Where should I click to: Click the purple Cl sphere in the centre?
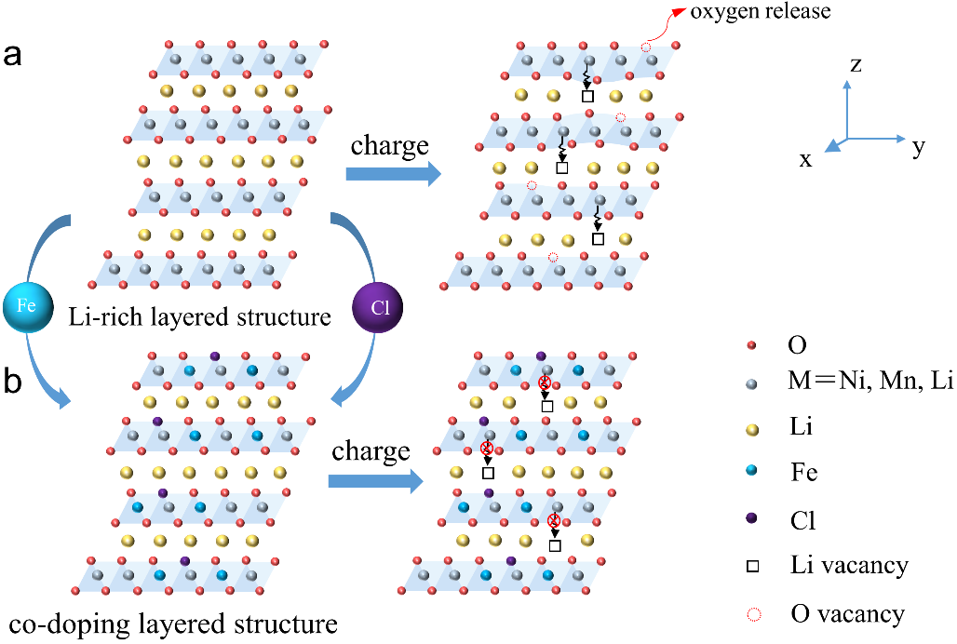pos(380,305)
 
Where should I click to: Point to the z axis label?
pos(856,64)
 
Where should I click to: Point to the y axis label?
pos(919,147)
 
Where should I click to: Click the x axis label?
pos(806,159)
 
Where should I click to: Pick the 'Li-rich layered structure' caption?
pos(200,317)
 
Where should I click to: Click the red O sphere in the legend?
pos(752,346)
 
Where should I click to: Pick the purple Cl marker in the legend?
pos(752,518)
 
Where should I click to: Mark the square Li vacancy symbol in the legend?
pos(752,565)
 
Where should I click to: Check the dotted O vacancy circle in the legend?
pos(752,613)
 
